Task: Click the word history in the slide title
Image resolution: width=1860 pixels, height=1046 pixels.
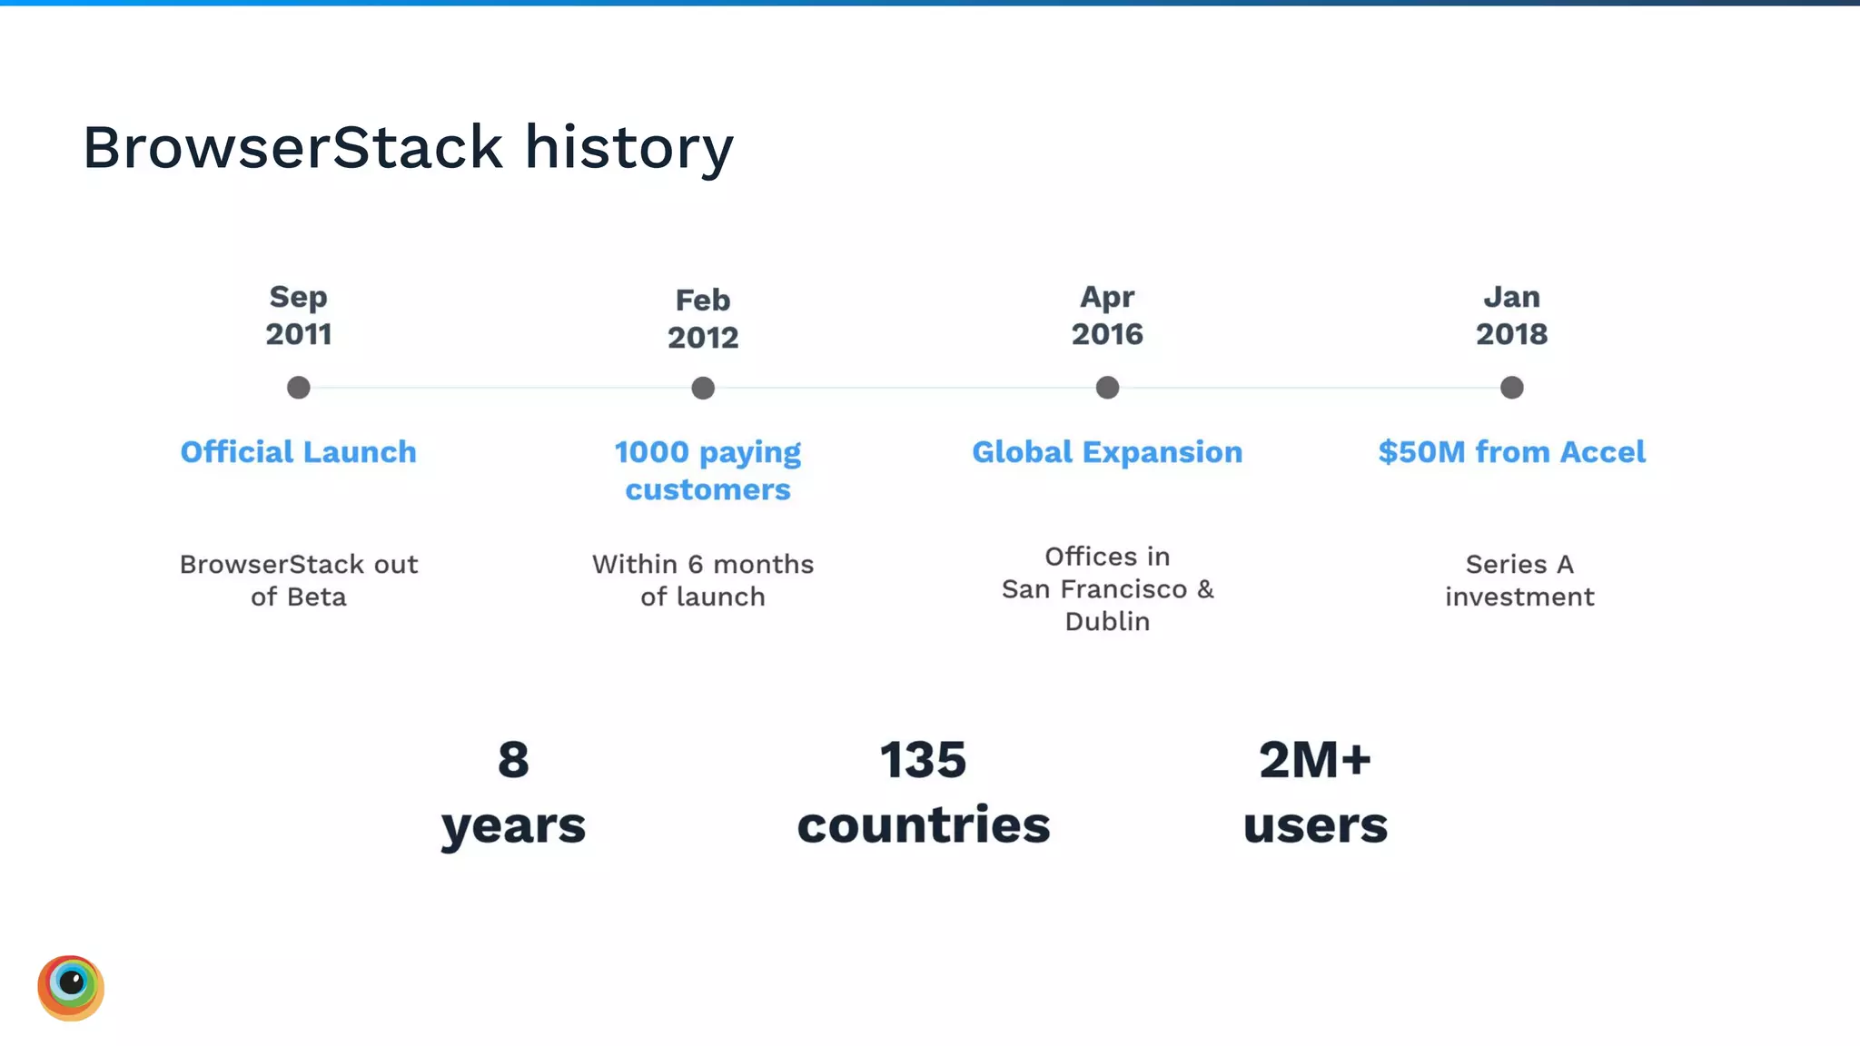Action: point(628,147)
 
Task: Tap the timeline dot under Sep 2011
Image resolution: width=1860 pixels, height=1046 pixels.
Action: point(299,388)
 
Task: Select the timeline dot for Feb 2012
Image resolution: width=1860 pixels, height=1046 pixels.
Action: point(703,389)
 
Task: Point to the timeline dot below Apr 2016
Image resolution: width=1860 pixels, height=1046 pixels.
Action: point(1107,388)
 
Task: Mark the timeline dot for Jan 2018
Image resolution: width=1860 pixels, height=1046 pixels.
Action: point(1511,388)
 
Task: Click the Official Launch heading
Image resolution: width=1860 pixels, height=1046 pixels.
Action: point(298,452)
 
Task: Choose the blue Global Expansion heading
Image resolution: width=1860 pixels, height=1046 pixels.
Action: point(1107,452)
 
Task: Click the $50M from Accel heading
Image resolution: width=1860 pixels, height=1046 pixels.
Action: point(1511,452)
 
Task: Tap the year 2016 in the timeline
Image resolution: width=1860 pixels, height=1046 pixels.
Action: point(1107,334)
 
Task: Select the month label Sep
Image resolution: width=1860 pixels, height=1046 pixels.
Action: point(298,297)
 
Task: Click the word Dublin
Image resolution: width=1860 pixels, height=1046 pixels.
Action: point(1107,622)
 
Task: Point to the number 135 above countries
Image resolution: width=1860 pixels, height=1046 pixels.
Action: point(923,760)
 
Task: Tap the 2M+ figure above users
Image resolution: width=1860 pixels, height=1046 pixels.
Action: point(1314,760)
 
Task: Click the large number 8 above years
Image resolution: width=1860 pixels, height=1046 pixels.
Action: point(513,760)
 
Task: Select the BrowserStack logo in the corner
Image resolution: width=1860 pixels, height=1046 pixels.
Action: point(71,988)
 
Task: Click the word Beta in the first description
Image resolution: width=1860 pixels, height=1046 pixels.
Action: point(317,597)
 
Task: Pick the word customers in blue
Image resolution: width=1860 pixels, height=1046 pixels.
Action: point(707,490)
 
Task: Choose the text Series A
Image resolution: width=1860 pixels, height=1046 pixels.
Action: point(1519,565)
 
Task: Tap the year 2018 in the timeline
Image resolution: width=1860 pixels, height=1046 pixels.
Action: point(1511,334)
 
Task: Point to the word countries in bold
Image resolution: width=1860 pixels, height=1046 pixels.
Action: point(923,825)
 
